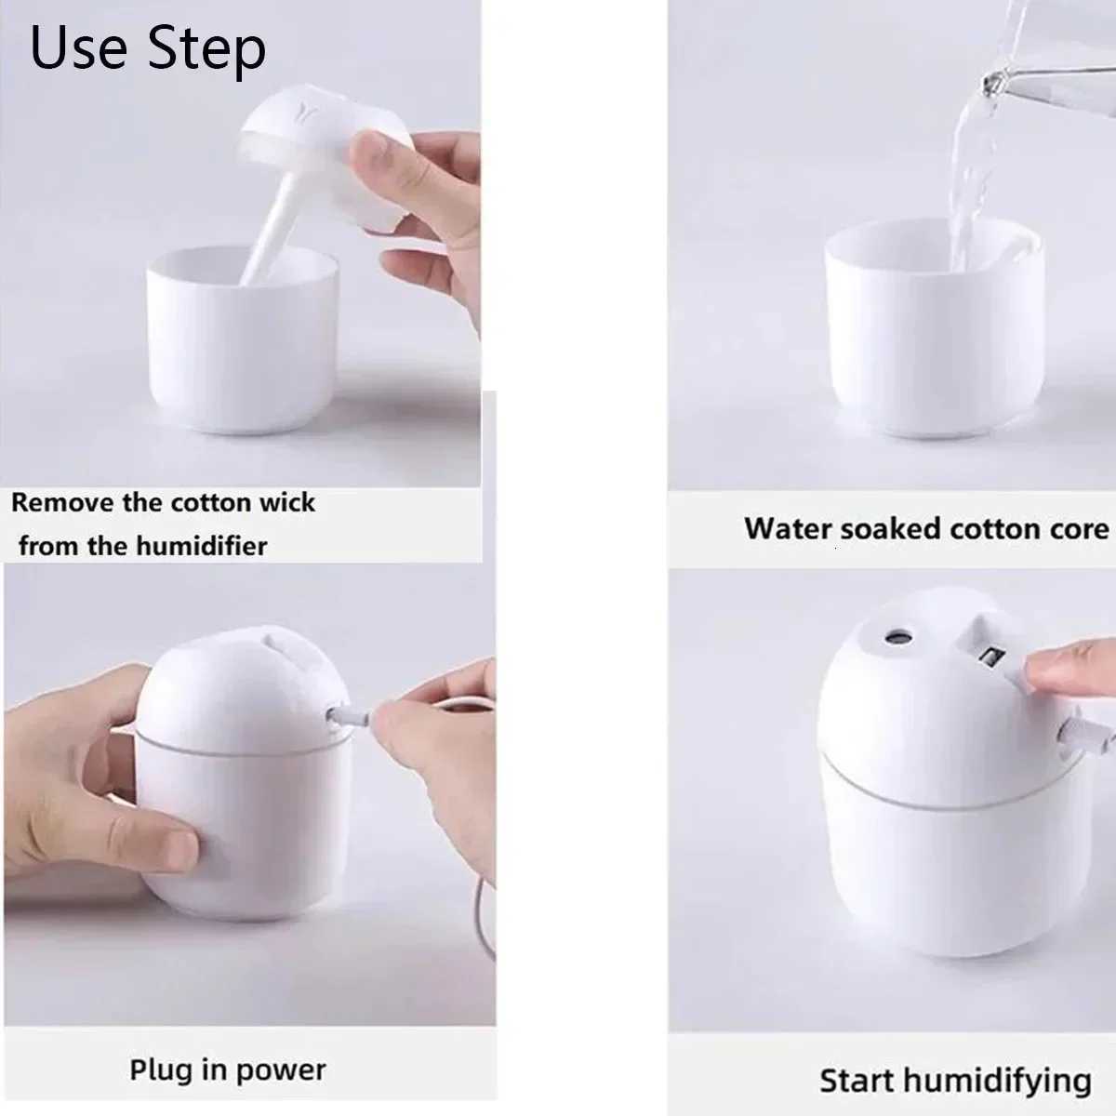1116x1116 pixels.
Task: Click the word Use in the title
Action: (x=80, y=48)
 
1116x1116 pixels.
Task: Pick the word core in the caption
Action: (x=1078, y=529)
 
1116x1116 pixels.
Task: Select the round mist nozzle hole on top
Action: (x=898, y=638)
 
